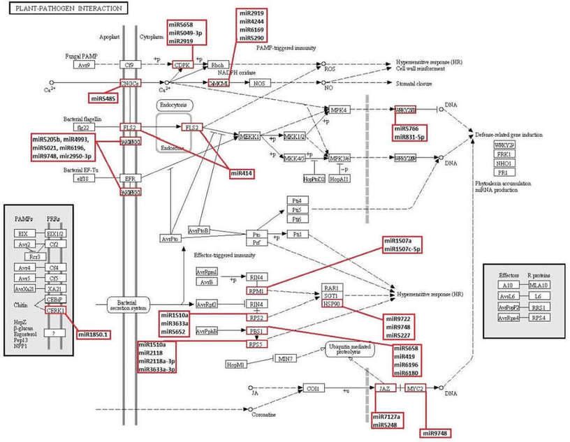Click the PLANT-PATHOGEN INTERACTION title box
point(64,8)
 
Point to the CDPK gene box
point(182,65)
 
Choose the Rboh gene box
point(218,65)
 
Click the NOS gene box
point(259,83)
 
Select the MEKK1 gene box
point(249,136)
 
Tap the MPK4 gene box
point(339,110)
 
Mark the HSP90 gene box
point(331,304)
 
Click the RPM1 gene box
point(256,290)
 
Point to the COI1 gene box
point(312,388)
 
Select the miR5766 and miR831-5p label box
point(419,133)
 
